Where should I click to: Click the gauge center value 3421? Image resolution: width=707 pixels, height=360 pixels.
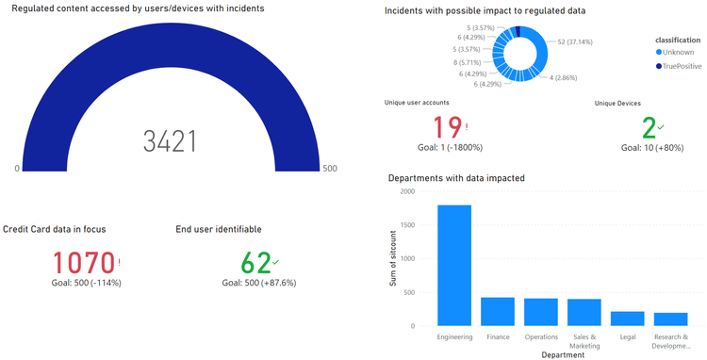170,141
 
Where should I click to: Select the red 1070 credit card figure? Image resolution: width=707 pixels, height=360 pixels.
83,263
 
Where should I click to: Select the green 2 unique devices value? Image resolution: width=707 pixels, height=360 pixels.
649,128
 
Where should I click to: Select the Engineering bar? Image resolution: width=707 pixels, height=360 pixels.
454,265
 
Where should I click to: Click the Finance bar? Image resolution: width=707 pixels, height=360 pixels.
498,311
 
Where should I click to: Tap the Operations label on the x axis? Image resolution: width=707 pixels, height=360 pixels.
541,336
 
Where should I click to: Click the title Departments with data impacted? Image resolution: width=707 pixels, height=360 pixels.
456,176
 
